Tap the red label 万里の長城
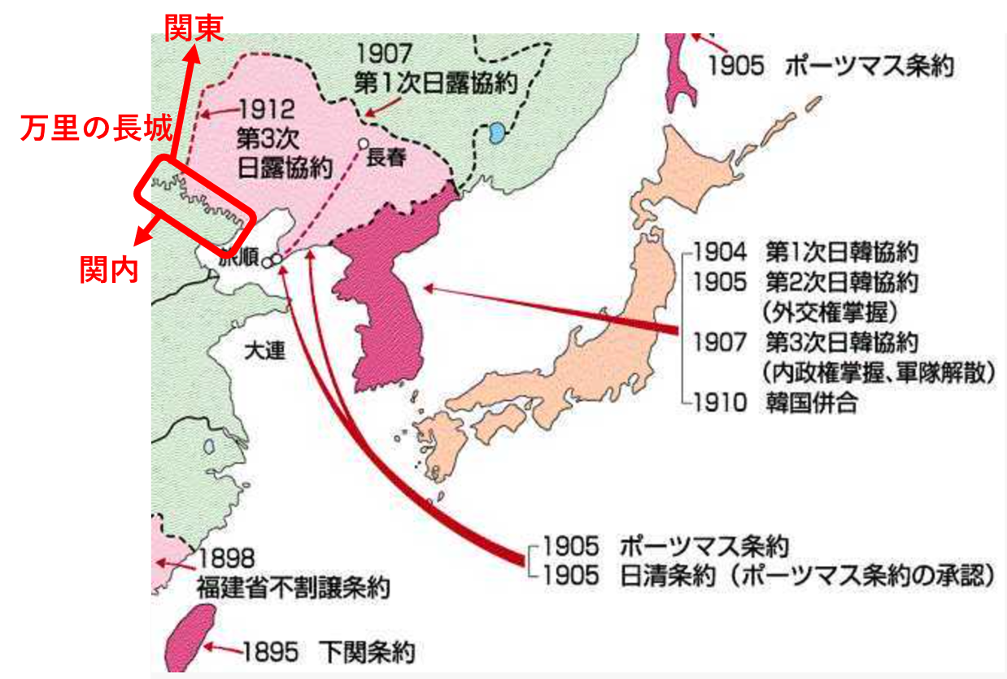pos(96,128)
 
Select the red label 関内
pos(109,270)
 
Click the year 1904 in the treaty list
pos(719,250)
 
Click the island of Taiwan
pos(185,638)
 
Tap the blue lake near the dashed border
pos(495,133)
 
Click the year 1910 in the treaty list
pos(719,403)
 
